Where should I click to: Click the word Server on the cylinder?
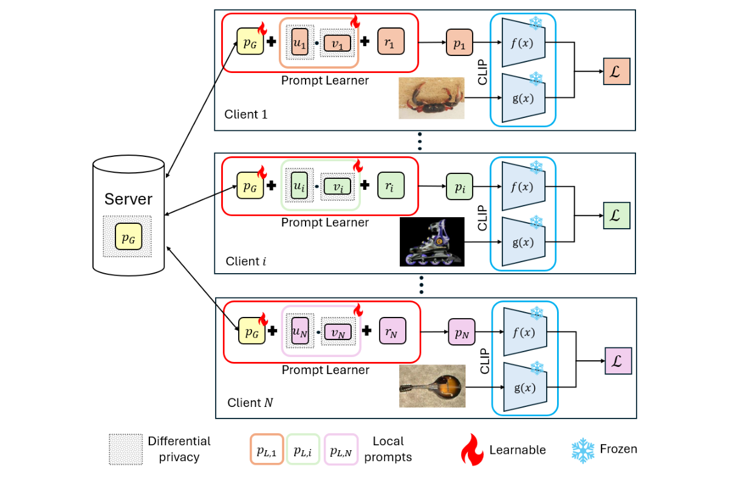click(x=128, y=199)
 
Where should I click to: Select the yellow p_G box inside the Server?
click(x=128, y=239)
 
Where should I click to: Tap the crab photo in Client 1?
click(x=431, y=98)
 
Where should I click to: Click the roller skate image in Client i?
click(x=432, y=241)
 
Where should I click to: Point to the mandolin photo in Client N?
click(x=432, y=386)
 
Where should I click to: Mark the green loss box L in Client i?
click(x=616, y=216)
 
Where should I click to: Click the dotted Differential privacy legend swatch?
click(x=125, y=450)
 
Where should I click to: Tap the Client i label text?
click(x=245, y=261)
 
